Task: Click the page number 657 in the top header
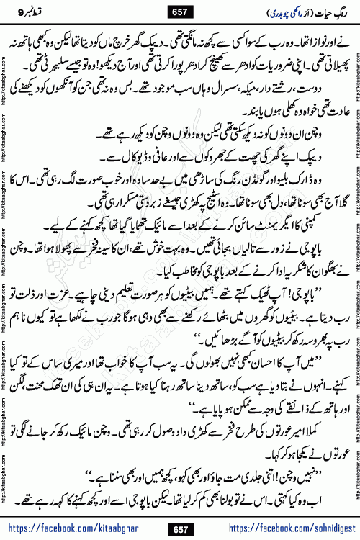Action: coord(180,12)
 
